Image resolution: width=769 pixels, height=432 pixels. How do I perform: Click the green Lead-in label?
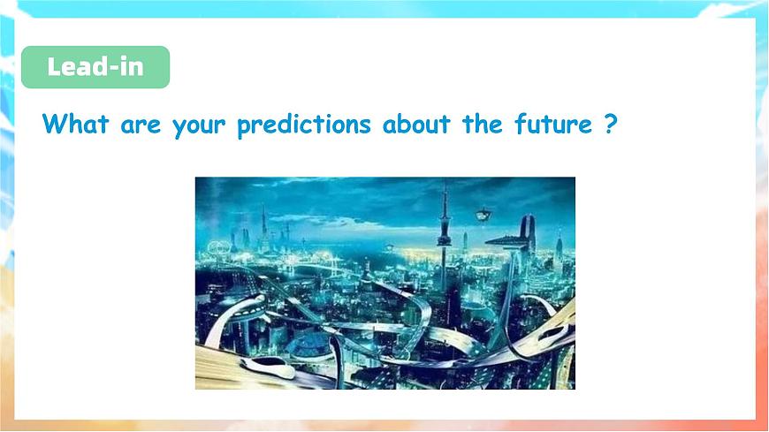click(95, 67)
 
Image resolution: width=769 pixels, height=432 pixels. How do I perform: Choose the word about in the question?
click(416, 124)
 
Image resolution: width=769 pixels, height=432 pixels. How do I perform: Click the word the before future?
click(482, 124)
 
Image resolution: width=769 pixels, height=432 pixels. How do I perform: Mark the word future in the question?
click(553, 124)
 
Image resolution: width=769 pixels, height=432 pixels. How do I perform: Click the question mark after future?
click(609, 124)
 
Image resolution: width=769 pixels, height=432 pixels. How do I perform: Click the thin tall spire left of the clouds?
click(263, 221)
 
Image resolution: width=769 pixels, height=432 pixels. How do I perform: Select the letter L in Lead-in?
click(54, 67)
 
